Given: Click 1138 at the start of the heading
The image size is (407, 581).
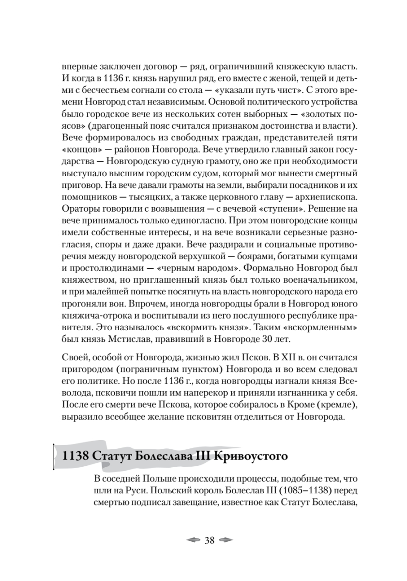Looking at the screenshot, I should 72,457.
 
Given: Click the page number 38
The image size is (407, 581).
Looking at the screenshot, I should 210,541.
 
